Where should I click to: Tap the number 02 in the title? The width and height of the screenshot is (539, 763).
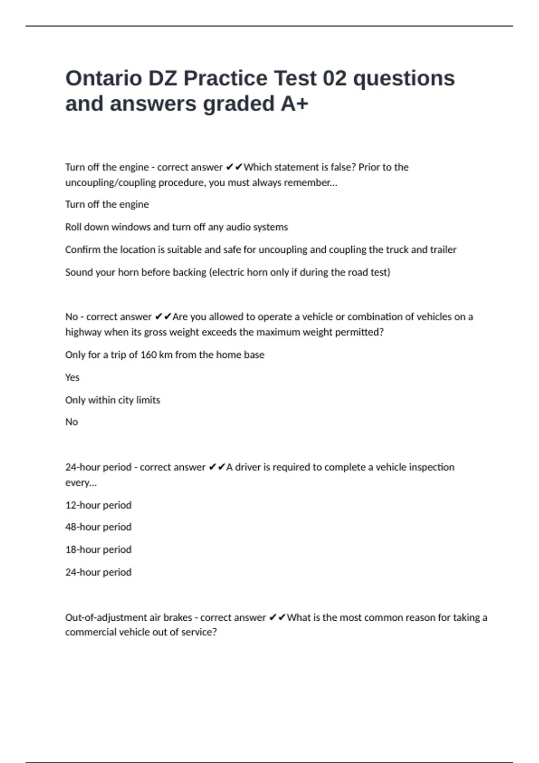tap(335, 78)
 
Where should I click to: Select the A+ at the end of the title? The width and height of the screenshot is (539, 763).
tap(295, 104)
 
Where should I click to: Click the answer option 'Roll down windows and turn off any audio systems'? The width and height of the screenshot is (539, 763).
tap(177, 227)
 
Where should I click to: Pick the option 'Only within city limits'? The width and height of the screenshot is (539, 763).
tap(112, 400)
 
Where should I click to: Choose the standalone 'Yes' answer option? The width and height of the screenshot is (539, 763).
tap(72, 377)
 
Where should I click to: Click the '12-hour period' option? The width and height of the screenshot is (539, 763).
tap(98, 505)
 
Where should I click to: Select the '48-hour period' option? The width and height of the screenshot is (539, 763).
tap(98, 527)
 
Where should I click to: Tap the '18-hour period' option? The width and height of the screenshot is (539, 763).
tap(98, 550)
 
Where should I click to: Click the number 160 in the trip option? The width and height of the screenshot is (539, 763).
tap(148, 355)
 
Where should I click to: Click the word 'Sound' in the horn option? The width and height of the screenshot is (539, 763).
tap(79, 272)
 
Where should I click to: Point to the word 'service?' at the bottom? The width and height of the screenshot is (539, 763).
tap(199, 632)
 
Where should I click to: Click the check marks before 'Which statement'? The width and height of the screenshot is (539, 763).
tap(234, 167)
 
